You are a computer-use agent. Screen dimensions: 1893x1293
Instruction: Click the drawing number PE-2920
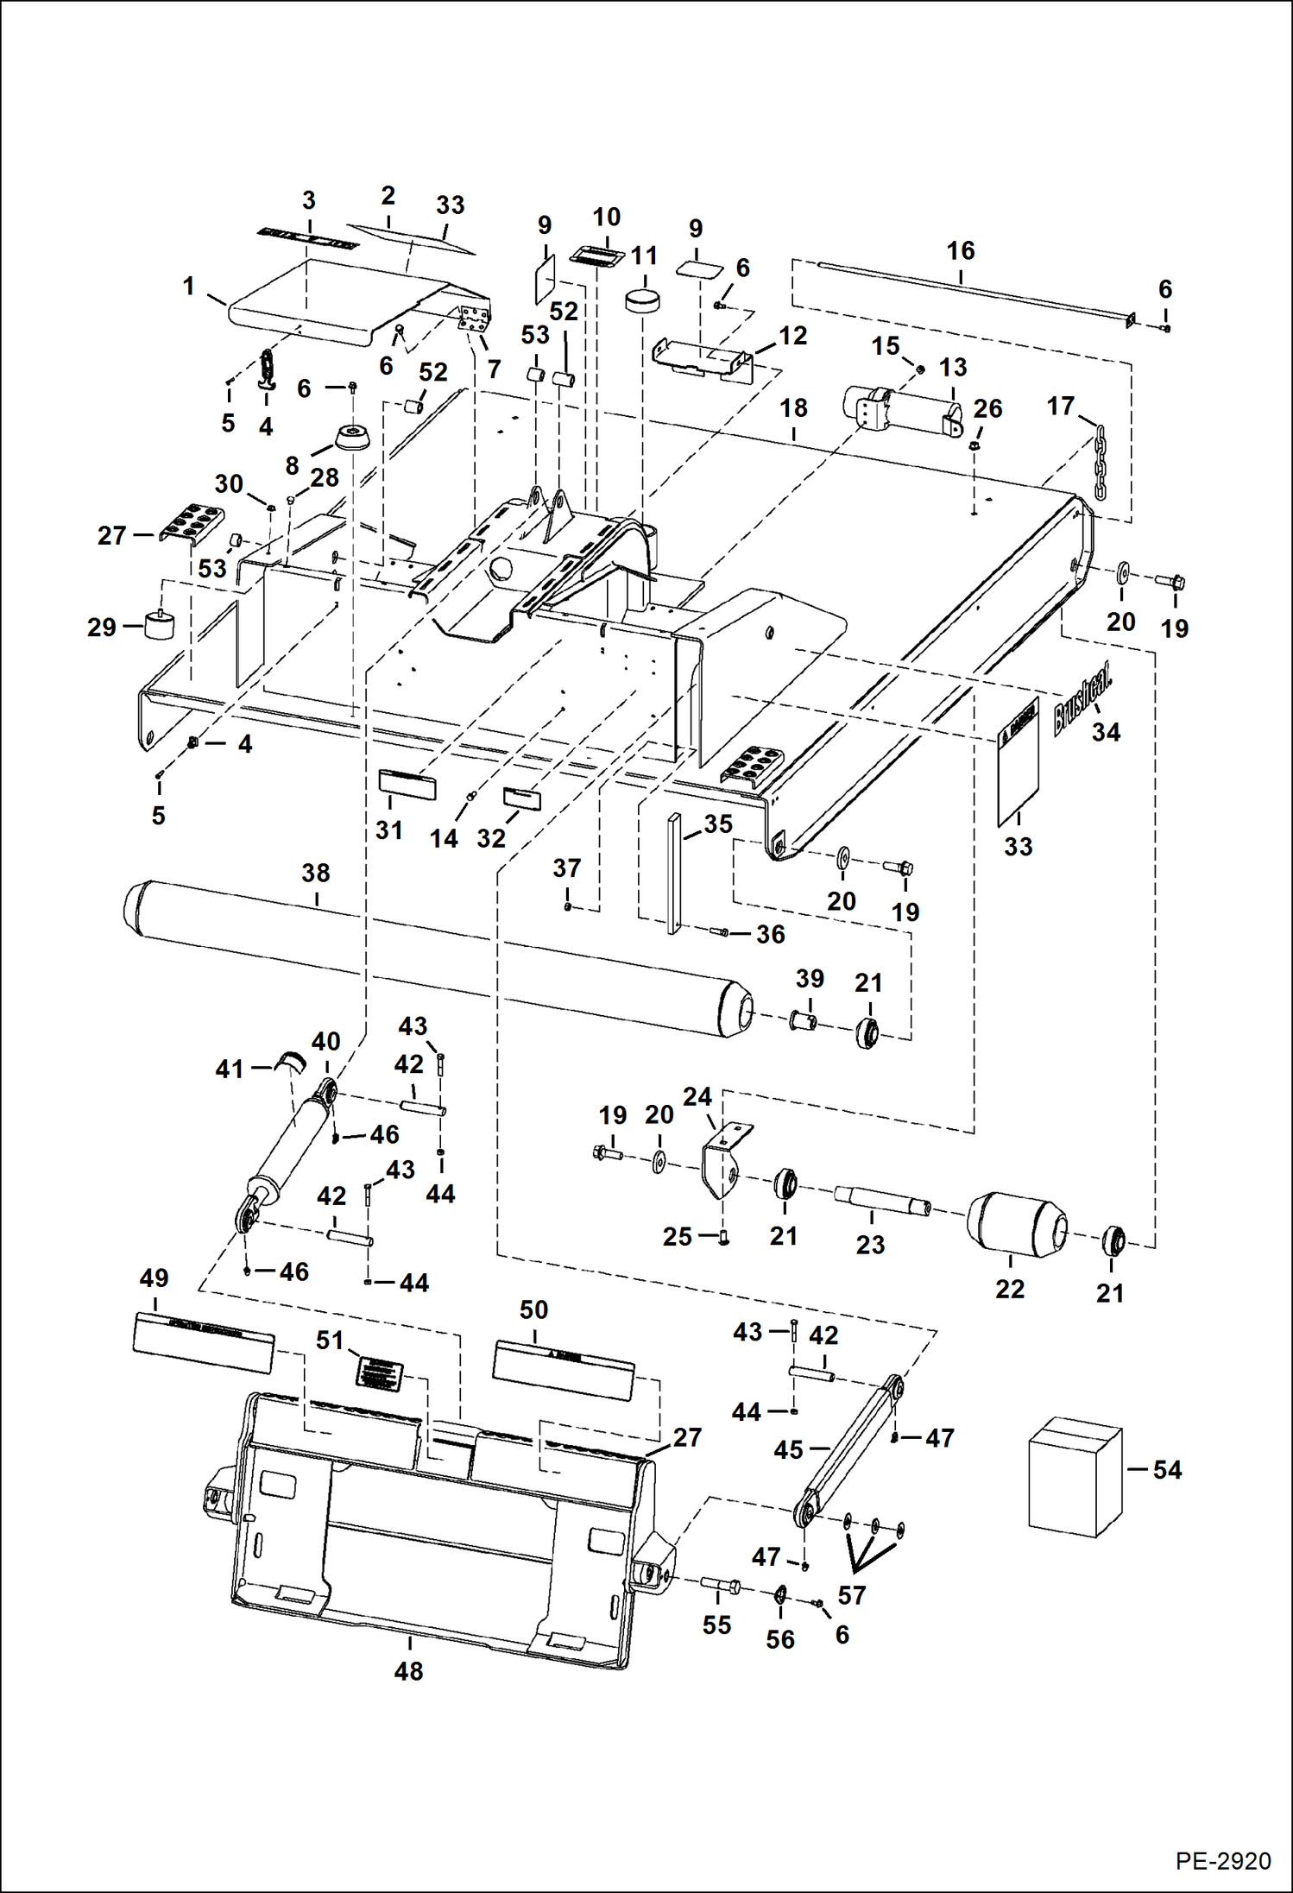[1222, 1860]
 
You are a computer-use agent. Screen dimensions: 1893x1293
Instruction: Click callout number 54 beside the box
[1167, 1470]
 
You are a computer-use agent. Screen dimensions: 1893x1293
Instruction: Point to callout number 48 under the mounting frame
[408, 1671]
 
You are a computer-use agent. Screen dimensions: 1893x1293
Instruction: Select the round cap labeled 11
[641, 301]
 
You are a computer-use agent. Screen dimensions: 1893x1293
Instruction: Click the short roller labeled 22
[1017, 1226]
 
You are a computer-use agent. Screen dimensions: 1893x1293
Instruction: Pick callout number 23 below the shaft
[870, 1245]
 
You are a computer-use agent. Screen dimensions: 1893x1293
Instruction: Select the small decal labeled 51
[380, 1372]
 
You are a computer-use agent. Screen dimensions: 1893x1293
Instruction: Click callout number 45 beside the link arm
[788, 1449]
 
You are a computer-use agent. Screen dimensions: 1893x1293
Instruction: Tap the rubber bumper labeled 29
[158, 625]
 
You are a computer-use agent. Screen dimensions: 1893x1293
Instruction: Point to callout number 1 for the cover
[189, 286]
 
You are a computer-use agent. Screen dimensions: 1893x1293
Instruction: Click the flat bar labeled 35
[674, 872]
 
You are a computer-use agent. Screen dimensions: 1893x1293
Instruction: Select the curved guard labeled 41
[289, 1063]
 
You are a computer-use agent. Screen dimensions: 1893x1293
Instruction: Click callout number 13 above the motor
[953, 368]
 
